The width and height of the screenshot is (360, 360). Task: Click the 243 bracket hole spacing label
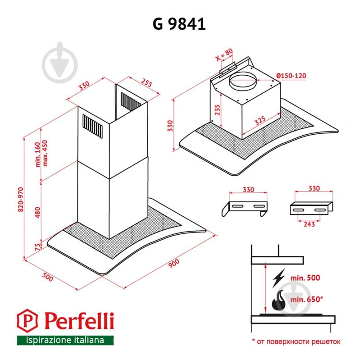(309, 224)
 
